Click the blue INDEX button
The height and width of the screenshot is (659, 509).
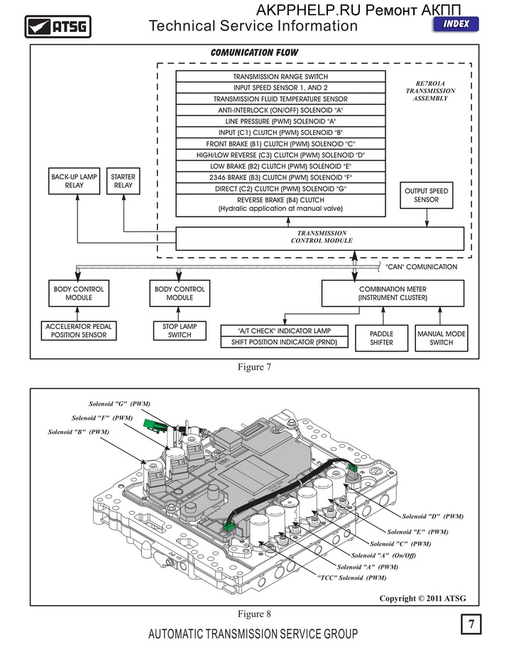click(456, 24)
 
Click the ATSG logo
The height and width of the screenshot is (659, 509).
click(58, 27)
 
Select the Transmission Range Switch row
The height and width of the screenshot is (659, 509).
click(280, 77)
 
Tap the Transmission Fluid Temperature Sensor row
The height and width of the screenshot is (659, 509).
click(280, 99)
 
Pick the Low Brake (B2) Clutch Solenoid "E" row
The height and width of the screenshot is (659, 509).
click(280, 166)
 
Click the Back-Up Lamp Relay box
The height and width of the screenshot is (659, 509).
click(74, 181)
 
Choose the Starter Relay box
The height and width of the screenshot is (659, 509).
click(123, 181)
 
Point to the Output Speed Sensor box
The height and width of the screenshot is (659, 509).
click(426, 195)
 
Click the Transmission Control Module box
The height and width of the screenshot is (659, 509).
click(320, 239)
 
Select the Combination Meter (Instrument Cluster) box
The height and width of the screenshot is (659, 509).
click(393, 293)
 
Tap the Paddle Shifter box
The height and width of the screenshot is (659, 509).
click(382, 338)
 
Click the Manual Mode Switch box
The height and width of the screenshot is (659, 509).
click(442, 338)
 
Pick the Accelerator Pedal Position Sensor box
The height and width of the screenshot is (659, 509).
click(79, 331)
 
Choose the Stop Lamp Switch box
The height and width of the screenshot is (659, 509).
click(180, 331)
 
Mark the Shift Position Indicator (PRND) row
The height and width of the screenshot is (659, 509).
click(285, 342)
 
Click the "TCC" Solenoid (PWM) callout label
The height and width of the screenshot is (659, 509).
click(352, 578)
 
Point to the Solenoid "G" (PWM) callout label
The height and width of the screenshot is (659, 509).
click(119, 404)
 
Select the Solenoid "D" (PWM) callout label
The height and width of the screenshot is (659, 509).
click(432, 516)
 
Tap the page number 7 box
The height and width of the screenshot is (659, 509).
click(471, 624)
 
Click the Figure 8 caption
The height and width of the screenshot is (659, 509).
click(254, 614)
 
